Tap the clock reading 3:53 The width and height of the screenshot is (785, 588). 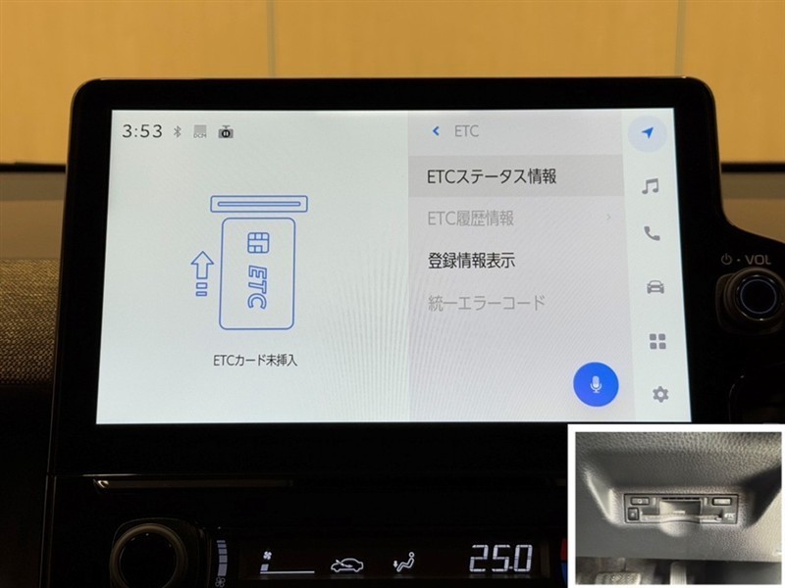(x=142, y=131)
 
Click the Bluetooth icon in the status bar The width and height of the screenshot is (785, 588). (x=177, y=131)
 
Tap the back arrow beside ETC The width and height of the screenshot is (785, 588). (x=436, y=131)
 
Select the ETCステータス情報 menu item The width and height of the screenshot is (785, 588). (x=492, y=176)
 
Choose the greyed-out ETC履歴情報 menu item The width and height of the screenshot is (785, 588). (x=471, y=219)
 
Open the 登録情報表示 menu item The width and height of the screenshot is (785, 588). (x=471, y=261)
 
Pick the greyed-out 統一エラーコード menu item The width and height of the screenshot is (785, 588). (x=487, y=303)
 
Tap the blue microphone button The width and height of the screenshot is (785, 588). (x=596, y=384)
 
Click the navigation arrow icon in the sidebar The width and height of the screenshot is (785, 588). (x=648, y=133)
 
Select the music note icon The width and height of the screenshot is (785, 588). (x=651, y=186)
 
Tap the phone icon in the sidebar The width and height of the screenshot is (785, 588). (x=652, y=233)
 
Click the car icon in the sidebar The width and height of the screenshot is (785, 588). (x=655, y=287)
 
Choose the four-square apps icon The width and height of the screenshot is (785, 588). (x=657, y=341)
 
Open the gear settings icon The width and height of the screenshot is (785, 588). (x=660, y=395)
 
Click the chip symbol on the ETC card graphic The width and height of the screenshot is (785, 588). (x=258, y=242)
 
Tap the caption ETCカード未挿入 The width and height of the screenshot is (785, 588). (x=255, y=360)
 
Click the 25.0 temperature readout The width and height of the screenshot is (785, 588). (x=500, y=559)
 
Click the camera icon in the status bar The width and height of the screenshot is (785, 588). (x=226, y=132)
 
